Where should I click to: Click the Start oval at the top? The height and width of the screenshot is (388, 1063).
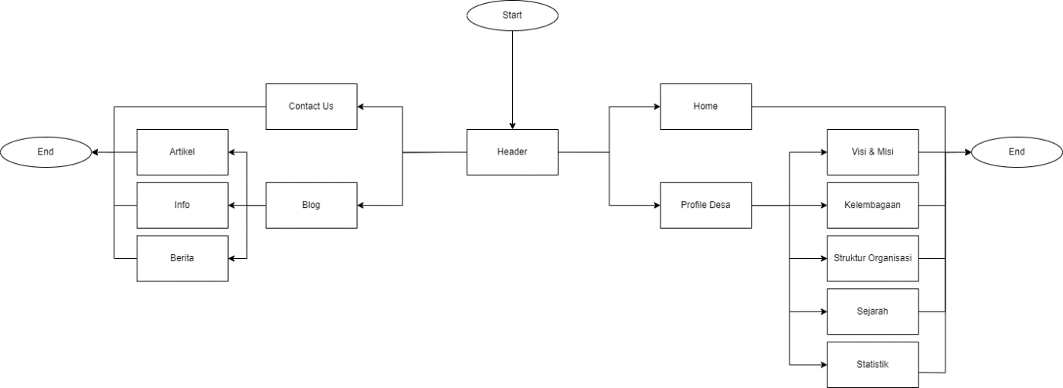512,15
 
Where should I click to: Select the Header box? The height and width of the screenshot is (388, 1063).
512,151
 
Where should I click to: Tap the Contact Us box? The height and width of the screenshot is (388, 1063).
311,106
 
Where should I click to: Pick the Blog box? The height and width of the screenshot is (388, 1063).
311,205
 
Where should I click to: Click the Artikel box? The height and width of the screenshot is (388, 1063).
182,151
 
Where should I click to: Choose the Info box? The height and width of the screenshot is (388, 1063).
182,205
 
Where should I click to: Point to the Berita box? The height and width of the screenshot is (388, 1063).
182,258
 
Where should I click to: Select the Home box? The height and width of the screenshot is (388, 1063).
705,106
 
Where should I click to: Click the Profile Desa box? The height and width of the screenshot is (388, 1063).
705,205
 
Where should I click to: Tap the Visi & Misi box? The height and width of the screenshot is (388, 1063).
873,151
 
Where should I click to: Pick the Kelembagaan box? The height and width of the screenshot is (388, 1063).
873,205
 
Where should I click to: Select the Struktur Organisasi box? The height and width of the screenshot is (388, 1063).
873,258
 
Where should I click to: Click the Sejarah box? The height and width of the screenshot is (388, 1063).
873,311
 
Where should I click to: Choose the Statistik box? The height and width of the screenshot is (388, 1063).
873,364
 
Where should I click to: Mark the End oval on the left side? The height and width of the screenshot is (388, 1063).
46,151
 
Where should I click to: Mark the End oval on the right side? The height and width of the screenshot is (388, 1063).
1017,151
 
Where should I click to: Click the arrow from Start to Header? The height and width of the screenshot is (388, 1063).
512,77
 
